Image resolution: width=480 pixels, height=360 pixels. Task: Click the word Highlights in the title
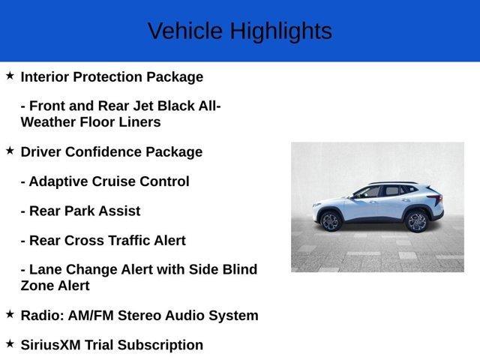pyautogui.click(x=280, y=31)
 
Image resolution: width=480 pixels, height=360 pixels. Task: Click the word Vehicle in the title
pyautogui.click(x=184, y=31)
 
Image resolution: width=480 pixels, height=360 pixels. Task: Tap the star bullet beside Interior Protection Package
pyautogui.click(x=10, y=76)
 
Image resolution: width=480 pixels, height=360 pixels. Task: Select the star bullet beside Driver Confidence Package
pyautogui.click(x=10, y=151)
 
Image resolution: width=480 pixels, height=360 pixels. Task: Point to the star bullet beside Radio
pyautogui.click(x=10, y=314)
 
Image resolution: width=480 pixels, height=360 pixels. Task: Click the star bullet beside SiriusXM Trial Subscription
pyautogui.click(x=10, y=343)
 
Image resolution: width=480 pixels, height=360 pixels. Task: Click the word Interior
pyautogui.click(x=46, y=76)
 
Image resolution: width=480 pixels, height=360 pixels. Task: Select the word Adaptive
pyautogui.click(x=58, y=181)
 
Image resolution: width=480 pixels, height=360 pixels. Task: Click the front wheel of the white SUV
pyautogui.click(x=331, y=221)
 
